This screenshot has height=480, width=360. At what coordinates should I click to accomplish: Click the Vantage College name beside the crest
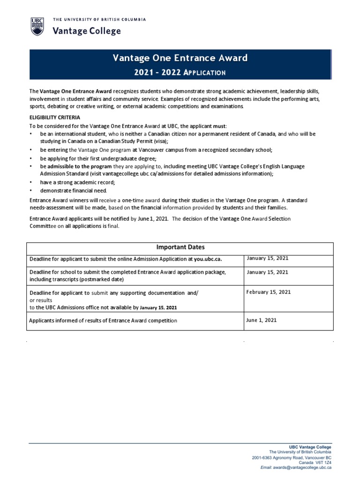[87, 31]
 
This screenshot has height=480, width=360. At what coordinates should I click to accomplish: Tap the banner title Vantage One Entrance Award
[180, 58]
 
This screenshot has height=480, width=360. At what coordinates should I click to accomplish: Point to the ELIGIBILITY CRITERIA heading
[55, 117]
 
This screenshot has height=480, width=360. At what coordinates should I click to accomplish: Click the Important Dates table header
[180, 247]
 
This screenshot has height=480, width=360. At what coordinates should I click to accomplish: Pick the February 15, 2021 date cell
[269, 292]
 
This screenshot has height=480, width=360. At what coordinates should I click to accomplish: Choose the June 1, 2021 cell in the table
[261, 320]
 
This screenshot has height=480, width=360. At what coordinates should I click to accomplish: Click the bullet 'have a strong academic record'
[77, 182]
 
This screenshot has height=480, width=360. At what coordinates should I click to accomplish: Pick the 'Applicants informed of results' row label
[103, 321]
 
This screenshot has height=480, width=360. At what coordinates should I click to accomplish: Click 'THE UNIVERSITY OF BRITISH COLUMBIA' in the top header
[99, 19]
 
